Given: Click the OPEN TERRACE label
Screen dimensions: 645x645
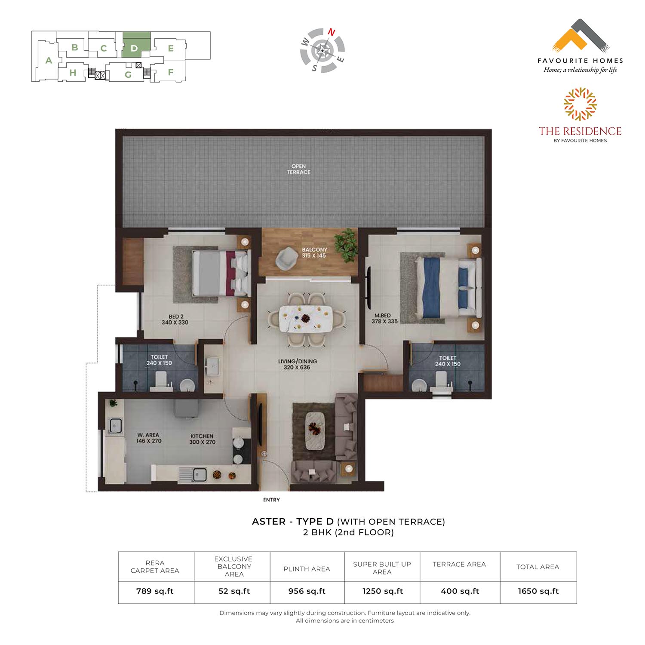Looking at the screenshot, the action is (x=298, y=169).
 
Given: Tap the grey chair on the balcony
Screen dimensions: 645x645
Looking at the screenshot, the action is (x=284, y=259).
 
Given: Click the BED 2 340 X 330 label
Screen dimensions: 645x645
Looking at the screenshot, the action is (x=175, y=319).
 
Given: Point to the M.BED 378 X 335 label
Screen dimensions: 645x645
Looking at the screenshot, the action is (x=384, y=318).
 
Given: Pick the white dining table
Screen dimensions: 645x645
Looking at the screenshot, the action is (x=306, y=319).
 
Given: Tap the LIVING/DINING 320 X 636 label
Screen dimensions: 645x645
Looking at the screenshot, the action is (x=297, y=364).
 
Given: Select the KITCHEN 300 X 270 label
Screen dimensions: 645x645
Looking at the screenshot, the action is (x=202, y=439).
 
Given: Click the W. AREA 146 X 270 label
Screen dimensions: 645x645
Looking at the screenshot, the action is (x=149, y=438).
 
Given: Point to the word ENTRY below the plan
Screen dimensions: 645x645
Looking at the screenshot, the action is (x=271, y=500).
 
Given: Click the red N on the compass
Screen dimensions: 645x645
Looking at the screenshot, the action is (x=332, y=32).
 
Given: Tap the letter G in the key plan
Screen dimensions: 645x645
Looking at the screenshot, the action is (x=128, y=75).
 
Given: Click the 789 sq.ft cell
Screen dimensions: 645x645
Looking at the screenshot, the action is (x=155, y=591).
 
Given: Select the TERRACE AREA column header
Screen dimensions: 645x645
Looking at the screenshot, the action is (x=459, y=564).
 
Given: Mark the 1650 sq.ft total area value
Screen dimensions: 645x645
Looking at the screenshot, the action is (x=538, y=591).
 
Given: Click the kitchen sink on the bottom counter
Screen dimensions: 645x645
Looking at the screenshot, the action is (x=193, y=474).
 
